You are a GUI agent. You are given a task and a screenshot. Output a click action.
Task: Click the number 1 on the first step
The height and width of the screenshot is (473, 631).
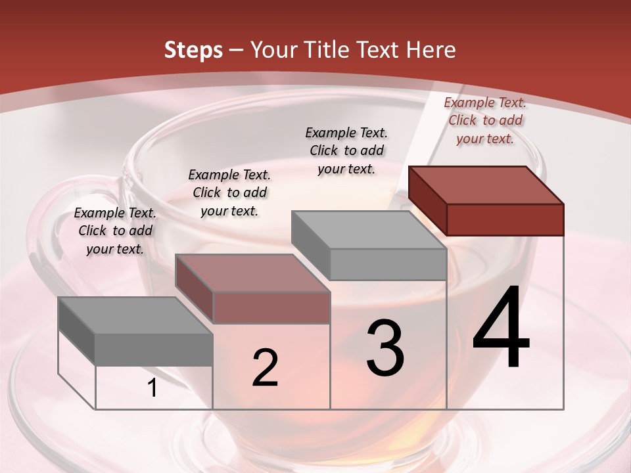coord(152,388)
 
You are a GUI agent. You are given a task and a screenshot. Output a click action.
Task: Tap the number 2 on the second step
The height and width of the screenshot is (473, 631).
coord(265,368)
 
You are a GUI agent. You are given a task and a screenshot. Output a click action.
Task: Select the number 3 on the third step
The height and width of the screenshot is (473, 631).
coord(385,348)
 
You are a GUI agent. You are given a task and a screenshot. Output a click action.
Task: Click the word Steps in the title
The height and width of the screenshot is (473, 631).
coord(193,50)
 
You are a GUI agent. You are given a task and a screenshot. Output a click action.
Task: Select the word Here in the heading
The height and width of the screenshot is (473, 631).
coord(431,50)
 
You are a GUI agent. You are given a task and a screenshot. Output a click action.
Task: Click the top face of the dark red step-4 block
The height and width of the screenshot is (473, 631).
coord(485,185)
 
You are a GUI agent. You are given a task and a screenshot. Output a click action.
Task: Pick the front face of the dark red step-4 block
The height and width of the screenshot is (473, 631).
coord(505,219)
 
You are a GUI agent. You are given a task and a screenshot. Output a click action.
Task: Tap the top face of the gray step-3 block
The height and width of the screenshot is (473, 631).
coord(368,230)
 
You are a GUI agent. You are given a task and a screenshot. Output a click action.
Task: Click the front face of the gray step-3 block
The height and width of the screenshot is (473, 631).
coord(388,264)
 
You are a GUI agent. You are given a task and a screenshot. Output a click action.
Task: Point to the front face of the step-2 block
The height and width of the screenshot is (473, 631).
coord(271,307)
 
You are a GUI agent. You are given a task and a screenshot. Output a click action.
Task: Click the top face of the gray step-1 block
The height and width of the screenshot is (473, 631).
coord(135,315)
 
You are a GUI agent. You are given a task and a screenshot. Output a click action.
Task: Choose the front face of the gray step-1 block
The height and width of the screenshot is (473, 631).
coord(154,349)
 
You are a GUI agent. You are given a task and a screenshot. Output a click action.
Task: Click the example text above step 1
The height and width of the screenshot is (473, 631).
coord(115,231)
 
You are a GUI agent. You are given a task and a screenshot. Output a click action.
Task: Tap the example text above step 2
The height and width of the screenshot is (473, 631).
coord(229,192)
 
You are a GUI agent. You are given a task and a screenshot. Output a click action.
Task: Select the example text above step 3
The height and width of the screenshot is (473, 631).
coord(346,150)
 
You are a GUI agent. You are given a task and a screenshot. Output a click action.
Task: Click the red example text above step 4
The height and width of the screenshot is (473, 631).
coord(485,120)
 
